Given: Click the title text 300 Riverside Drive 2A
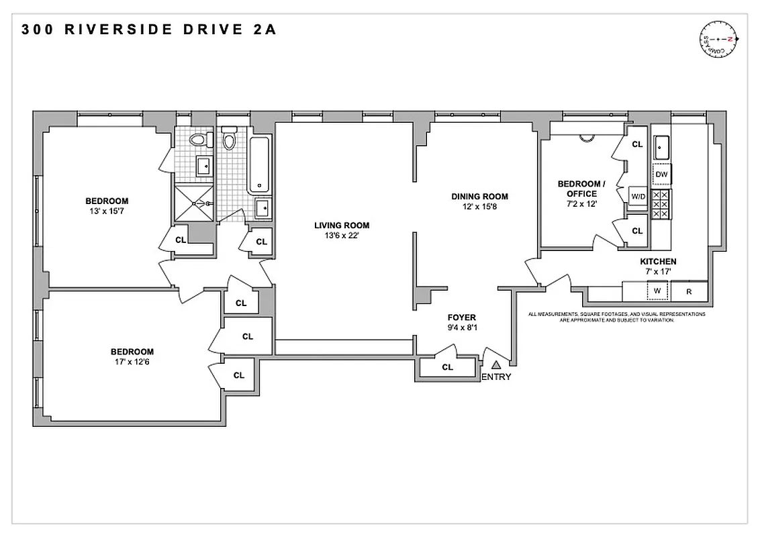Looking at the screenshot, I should click(148, 30).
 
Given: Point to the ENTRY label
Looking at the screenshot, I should click(496, 377).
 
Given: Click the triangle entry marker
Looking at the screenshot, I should click(496, 364).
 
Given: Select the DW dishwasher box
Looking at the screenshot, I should click(661, 175).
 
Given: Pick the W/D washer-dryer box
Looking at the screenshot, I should click(637, 196).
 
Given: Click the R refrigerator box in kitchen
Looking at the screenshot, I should click(689, 292).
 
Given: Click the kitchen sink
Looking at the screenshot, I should click(661, 144).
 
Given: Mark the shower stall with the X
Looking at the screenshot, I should click(193, 203).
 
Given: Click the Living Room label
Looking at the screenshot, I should click(342, 226).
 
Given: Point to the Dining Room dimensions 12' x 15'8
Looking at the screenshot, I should click(479, 207).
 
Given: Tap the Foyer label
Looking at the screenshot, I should click(462, 318).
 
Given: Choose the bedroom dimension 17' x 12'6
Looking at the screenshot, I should click(132, 362).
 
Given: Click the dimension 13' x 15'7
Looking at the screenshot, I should click(106, 211).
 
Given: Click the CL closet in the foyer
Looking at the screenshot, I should click(447, 367).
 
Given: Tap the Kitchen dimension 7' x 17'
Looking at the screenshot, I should click(657, 272).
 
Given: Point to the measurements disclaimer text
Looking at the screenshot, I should click(616, 317).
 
